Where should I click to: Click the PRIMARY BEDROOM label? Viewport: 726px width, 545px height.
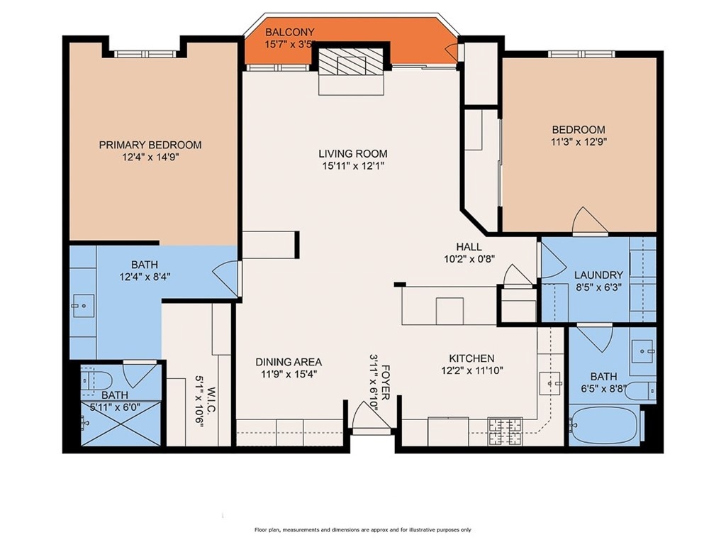click(x=150, y=145)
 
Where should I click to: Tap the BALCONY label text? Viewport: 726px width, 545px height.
click(x=289, y=33)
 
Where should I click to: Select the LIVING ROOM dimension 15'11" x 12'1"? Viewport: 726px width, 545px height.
click(x=353, y=166)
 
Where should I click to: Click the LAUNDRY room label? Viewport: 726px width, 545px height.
click(x=598, y=275)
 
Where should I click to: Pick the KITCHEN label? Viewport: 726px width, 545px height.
click(x=471, y=358)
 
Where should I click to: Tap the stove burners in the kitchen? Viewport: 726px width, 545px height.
click(x=505, y=431)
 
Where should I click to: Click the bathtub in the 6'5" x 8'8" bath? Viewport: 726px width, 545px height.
click(x=604, y=424)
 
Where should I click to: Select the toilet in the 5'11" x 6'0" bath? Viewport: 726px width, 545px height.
click(x=96, y=381)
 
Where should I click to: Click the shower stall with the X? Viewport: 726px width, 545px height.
click(x=121, y=423)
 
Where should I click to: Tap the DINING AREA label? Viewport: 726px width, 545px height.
click(x=289, y=362)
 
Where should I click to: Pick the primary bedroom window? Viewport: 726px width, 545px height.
click(x=145, y=54)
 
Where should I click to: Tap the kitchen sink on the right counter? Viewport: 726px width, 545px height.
click(x=550, y=383)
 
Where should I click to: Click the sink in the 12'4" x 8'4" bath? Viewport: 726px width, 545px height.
click(x=83, y=306)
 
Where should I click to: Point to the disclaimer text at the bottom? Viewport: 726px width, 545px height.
click(x=362, y=529)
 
